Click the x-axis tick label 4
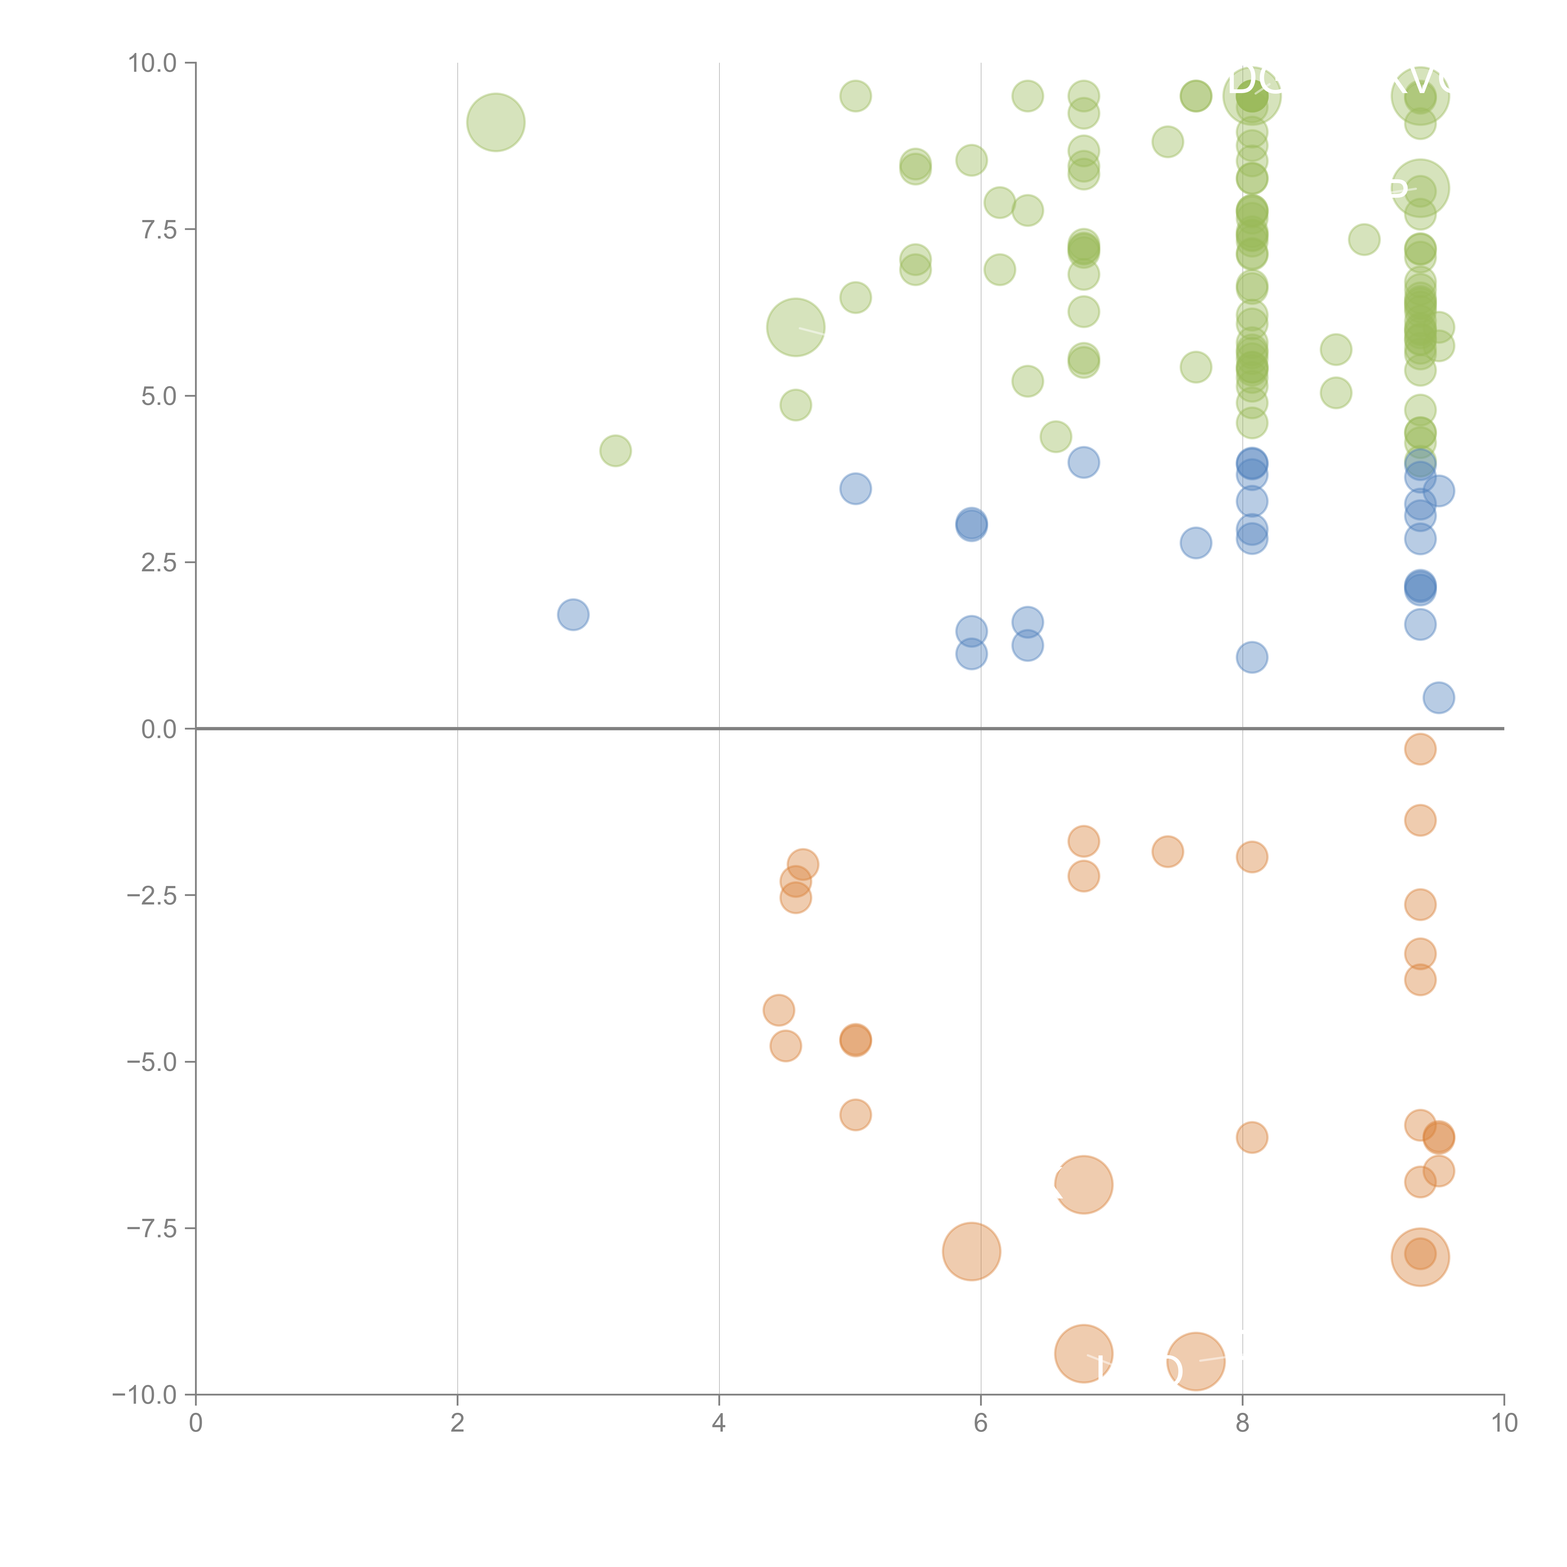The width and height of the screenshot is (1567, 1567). [719, 1423]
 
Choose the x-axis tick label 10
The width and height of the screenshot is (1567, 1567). [1504, 1423]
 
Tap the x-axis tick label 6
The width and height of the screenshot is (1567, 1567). [981, 1423]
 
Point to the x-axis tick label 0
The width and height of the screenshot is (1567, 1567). [196, 1423]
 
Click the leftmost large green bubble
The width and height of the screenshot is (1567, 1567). [495, 123]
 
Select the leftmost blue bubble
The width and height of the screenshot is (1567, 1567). [573, 615]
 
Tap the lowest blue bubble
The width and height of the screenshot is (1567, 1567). [1438, 698]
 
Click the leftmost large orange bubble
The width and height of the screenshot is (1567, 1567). [971, 1251]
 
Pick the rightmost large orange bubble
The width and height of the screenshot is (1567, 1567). [1419, 1257]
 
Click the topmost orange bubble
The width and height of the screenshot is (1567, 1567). [1419, 749]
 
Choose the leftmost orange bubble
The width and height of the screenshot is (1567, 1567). [778, 1011]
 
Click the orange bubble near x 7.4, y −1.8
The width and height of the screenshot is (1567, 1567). [1167, 852]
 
